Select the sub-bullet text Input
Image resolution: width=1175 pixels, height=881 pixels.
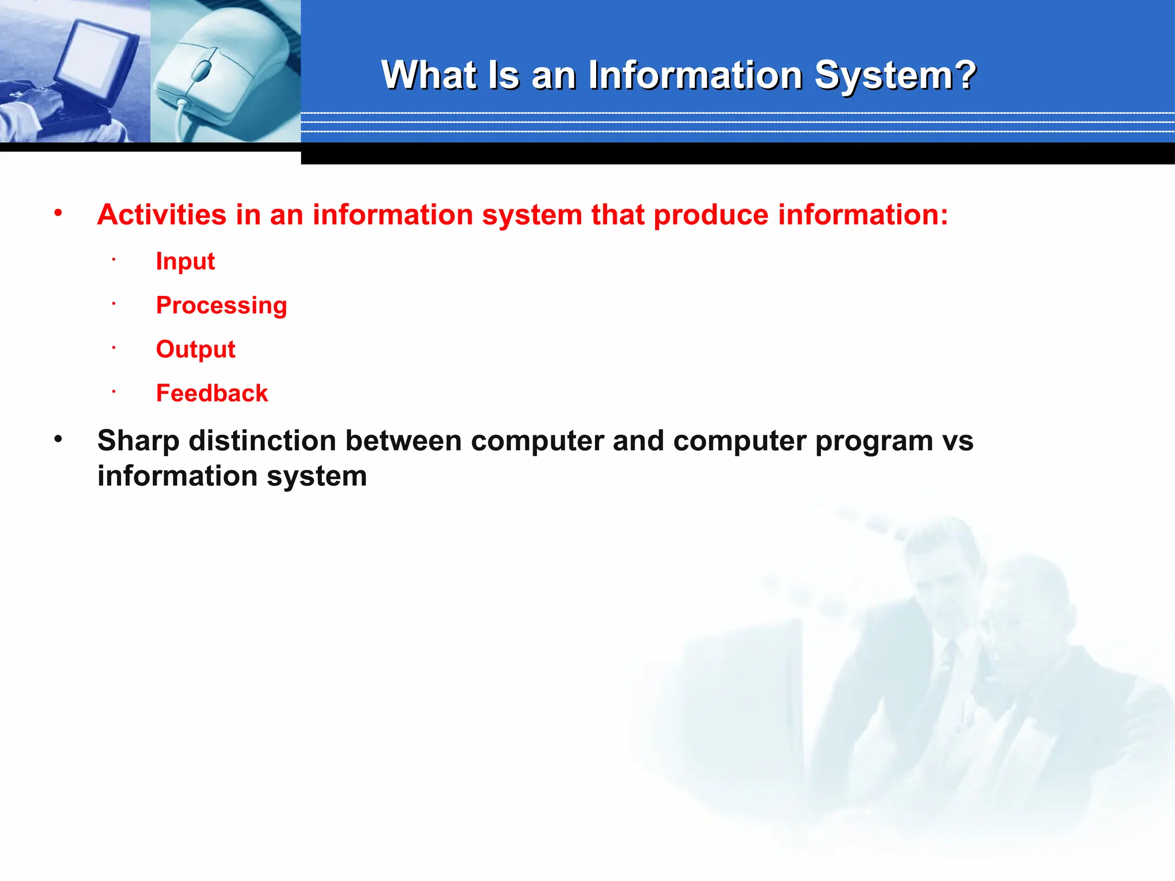point(185,262)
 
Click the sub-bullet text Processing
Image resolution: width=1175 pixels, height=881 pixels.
point(221,306)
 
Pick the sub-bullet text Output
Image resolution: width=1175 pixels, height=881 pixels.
point(196,349)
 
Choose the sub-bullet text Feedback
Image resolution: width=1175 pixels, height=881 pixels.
point(212,393)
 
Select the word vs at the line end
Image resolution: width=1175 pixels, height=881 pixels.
point(958,442)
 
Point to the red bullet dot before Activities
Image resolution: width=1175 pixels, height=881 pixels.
point(58,213)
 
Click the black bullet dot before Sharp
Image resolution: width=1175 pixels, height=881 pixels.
point(58,440)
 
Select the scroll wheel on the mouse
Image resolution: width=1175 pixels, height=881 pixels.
point(201,71)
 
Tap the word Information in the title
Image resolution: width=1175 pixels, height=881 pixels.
point(695,75)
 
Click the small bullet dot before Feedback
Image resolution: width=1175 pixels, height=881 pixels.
point(114,392)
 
